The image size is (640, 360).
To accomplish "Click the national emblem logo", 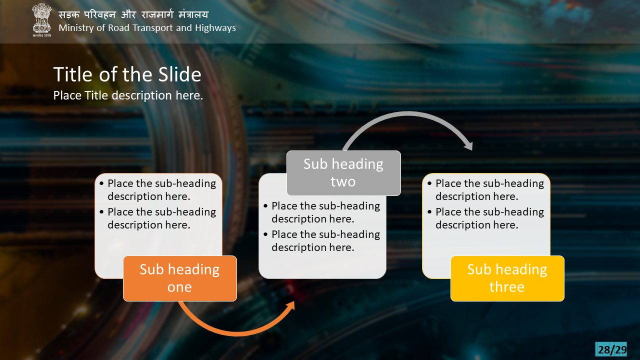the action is [41, 20].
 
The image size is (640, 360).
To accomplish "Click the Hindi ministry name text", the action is [133, 14].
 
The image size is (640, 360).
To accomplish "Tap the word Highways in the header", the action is [215, 28].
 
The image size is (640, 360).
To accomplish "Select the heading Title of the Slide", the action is [127, 74].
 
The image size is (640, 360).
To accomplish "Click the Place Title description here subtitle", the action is [128, 95].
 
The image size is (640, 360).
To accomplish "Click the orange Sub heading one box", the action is [180, 278].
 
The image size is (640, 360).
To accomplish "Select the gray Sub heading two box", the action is [343, 173].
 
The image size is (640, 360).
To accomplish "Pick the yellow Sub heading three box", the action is [507, 278].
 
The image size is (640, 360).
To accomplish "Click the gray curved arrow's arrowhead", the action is [468, 145].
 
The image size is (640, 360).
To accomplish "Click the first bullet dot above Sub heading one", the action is [101, 183].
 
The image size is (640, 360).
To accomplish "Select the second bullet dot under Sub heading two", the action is [265, 234].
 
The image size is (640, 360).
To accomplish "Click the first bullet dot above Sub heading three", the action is [429, 183].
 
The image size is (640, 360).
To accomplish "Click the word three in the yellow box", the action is [507, 287].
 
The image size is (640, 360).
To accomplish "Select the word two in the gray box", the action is [343, 181].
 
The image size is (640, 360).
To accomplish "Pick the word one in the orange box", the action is [179, 287].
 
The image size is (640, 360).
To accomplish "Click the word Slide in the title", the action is [180, 74].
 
